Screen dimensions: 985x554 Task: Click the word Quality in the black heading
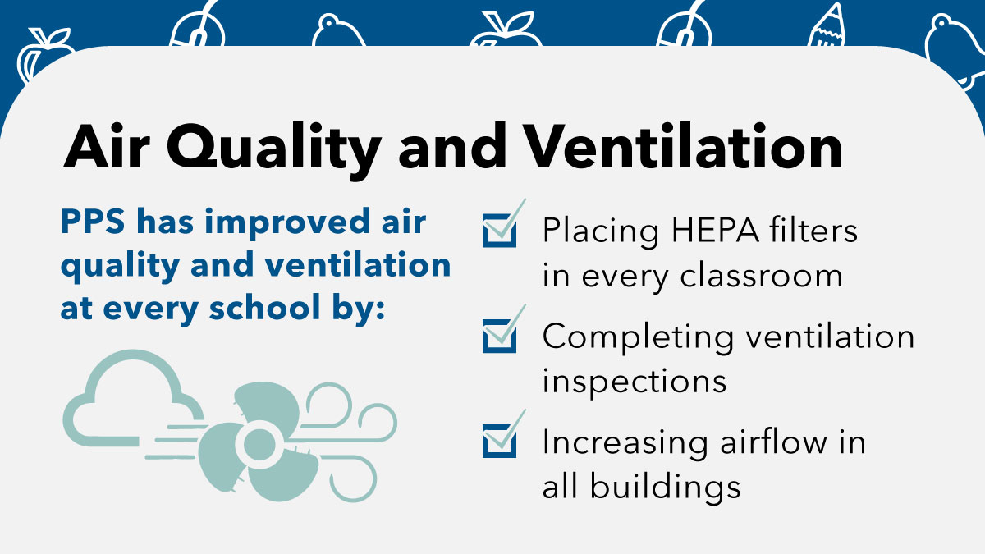point(273,149)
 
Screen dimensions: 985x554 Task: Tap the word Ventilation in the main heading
point(684,146)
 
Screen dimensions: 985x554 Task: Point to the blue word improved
point(287,223)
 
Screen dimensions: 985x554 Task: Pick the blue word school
point(264,307)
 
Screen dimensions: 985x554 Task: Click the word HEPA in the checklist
point(715,230)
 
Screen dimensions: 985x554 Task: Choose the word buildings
point(665,488)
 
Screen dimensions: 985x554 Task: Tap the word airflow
point(773,441)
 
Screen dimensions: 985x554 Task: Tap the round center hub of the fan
point(259,444)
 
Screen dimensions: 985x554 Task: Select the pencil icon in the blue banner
point(827,25)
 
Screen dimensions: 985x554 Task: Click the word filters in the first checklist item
point(813,229)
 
